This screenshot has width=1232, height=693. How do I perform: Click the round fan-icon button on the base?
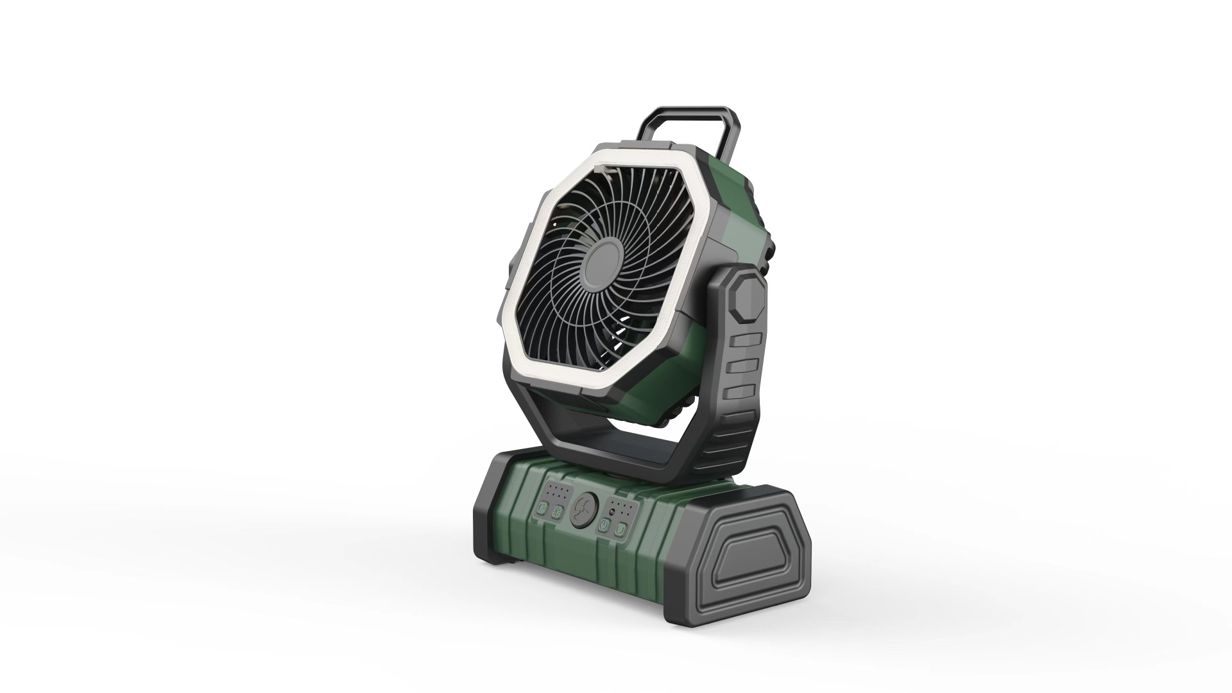click(584, 510)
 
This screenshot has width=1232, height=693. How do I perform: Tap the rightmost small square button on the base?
click(620, 529)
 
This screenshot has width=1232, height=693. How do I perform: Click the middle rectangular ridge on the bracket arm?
click(742, 366)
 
